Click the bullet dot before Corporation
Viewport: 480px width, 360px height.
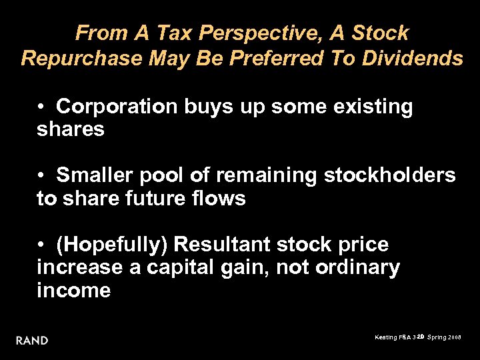coord(41,106)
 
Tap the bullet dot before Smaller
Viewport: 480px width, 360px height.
coord(41,175)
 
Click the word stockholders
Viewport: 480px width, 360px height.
coord(390,175)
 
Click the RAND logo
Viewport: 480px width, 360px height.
coord(32,341)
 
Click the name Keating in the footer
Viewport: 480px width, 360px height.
coord(387,338)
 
